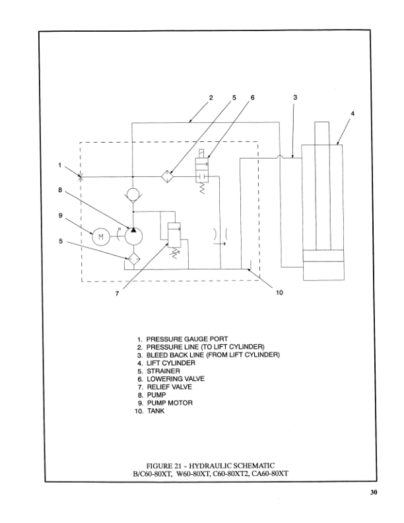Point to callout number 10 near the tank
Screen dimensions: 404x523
click(x=279, y=293)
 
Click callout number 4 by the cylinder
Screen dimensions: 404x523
click(x=353, y=114)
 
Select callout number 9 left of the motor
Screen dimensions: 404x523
click(x=60, y=215)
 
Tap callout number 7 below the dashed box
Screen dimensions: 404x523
click(x=117, y=293)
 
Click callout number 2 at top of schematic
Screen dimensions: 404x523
click(x=211, y=97)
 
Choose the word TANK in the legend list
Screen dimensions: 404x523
click(x=156, y=411)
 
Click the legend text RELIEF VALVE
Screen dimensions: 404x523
click(x=170, y=387)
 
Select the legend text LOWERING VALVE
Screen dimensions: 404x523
click(x=176, y=379)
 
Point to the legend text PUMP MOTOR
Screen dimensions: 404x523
click(x=170, y=403)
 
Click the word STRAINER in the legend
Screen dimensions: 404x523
click(x=163, y=371)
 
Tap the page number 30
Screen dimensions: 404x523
click(x=374, y=493)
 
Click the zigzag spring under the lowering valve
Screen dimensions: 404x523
click(x=202, y=189)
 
